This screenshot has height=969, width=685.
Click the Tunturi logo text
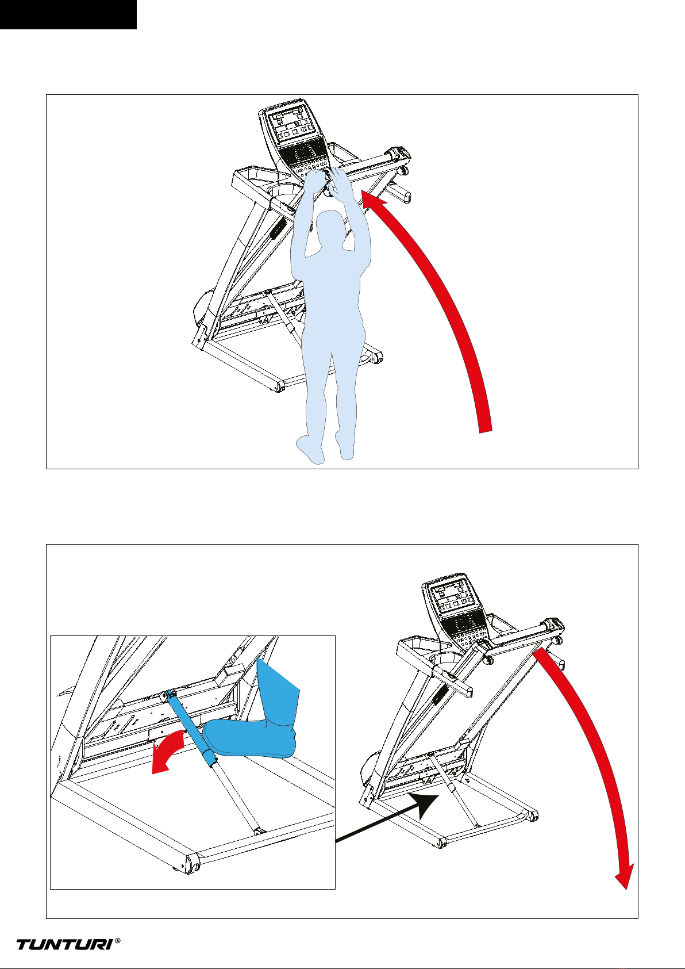pos(64,944)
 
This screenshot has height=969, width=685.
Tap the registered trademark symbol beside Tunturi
pos(118,940)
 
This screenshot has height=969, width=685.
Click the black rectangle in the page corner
pos(68,15)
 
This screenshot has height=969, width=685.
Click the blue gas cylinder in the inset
pos(191,730)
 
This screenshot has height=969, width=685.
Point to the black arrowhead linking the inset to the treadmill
pos(427,805)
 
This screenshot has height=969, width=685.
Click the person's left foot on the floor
pos(310,449)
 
